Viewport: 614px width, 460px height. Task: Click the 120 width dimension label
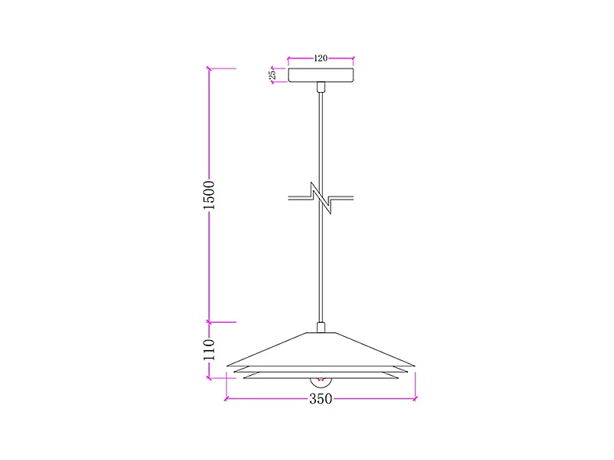coord(321,58)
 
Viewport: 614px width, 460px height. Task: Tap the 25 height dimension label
coord(273,75)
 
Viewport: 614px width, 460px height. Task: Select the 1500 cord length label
coord(209,195)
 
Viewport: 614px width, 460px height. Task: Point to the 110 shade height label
coord(209,351)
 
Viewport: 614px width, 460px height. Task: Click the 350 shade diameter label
coord(321,399)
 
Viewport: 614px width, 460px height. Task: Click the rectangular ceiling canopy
coord(321,75)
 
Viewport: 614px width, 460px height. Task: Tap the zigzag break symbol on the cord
coord(320,198)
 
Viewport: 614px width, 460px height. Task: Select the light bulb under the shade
coord(320,382)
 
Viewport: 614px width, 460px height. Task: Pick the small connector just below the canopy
coord(321,87)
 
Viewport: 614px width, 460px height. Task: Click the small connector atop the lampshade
coord(320,327)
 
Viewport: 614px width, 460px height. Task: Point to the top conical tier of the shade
coord(320,347)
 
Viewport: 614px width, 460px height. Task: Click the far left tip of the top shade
coord(227,364)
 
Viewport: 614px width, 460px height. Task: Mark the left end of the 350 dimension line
coord(226,399)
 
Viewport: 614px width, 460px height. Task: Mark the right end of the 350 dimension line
coord(415,399)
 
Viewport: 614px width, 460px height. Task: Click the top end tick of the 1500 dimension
coord(209,69)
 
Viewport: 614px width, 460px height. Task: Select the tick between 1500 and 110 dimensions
coord(209,321)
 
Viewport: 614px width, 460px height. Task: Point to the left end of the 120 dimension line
coord(289,58)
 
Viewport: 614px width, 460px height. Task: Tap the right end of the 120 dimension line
coord(353,58)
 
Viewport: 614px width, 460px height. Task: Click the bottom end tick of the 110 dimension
coord(209,379)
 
